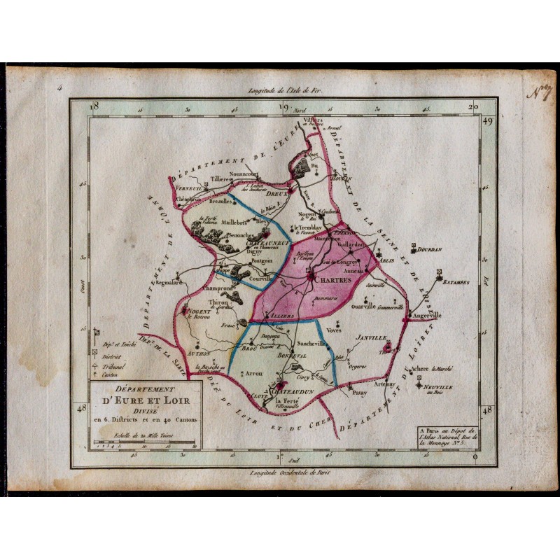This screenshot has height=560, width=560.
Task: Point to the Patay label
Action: (x=360, y=394)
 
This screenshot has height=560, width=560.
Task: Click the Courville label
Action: (x=260, y=278)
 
